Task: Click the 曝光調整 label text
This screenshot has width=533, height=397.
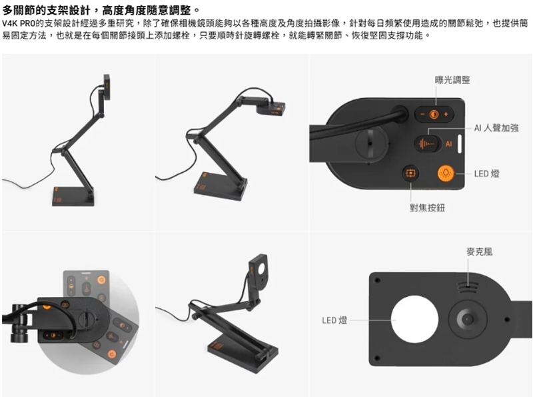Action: pos(452,80)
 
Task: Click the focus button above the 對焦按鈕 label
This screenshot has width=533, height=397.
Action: pos(410,173)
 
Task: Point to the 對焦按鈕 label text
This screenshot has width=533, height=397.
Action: pos(427,208)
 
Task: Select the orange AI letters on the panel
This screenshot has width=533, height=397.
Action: pos(448,143)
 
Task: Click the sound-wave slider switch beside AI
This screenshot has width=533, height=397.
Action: pos(426,143)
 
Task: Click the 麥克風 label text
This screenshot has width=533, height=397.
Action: pos(480,252)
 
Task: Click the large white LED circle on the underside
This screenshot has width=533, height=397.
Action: pos(416,320)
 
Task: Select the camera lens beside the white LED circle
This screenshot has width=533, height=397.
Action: pos(469,320)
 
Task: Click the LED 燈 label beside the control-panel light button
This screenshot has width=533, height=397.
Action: pos(487,173)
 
